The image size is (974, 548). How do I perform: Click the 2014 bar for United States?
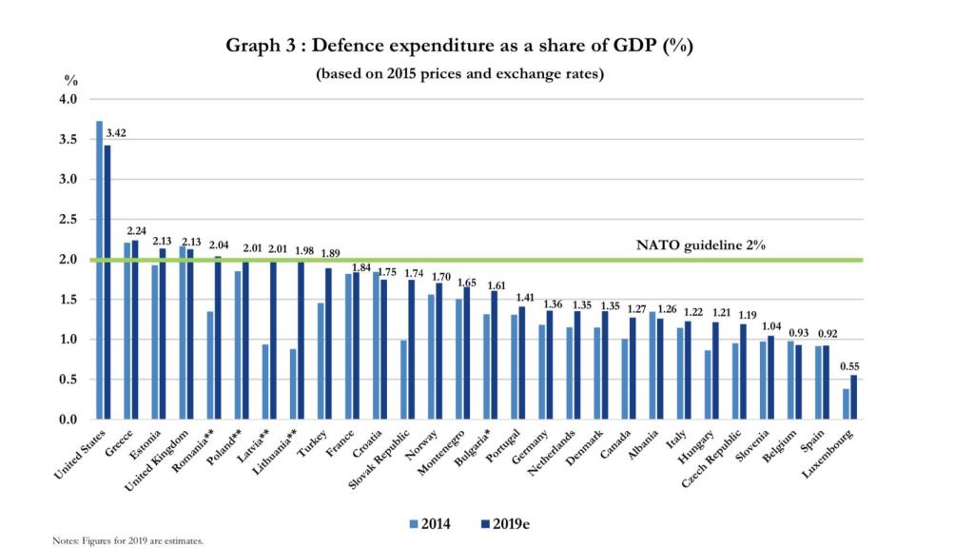[x=99, y=270]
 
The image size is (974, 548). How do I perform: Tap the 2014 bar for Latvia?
[x=263, y=382]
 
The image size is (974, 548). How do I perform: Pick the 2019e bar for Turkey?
[x=328, y=343]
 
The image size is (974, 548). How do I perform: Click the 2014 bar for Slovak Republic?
[x=402, y=380]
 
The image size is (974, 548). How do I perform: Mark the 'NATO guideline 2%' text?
[x=700, y=245]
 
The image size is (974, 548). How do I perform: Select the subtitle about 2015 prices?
[x=459, y=74]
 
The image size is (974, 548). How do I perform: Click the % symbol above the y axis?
[x=70, y=80]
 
